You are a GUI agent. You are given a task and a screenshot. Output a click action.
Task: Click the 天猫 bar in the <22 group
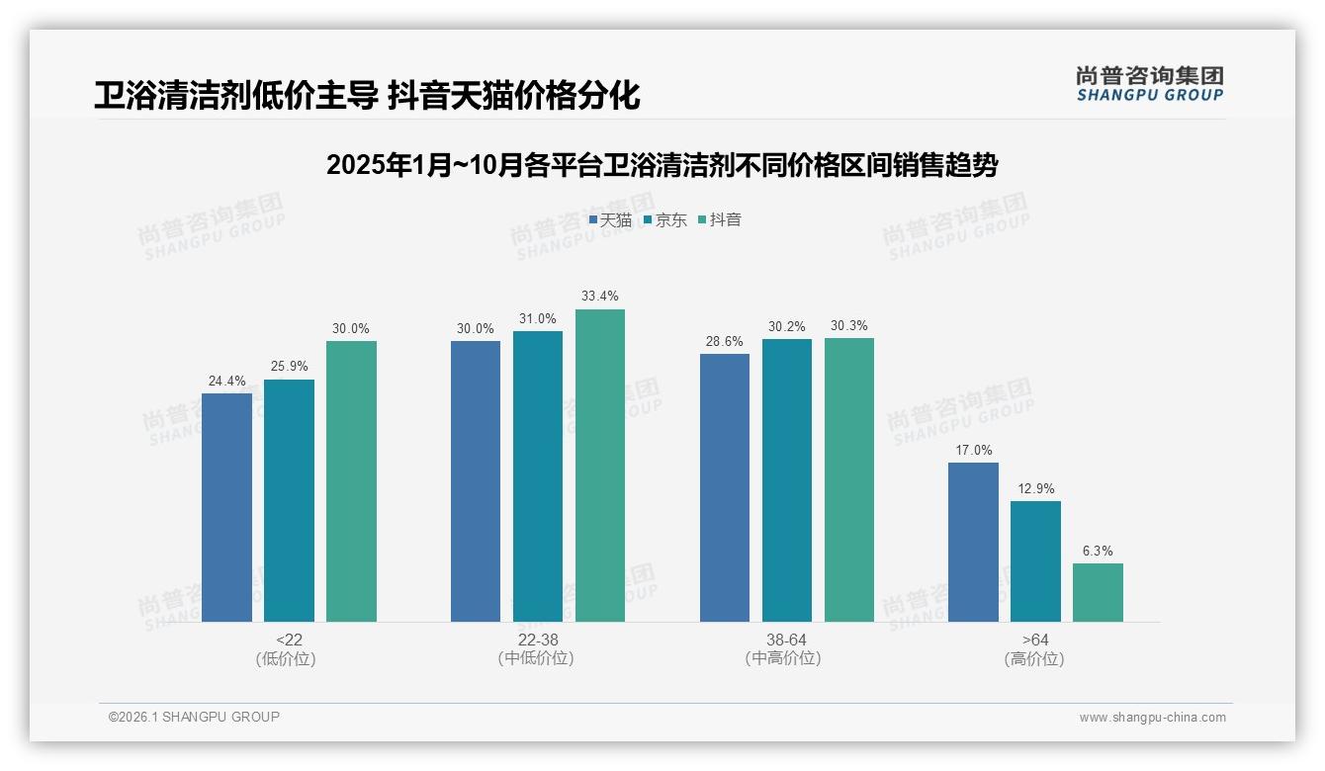226,507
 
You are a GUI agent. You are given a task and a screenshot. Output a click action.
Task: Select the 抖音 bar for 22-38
600,466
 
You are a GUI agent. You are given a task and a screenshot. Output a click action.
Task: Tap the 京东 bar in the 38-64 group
787,480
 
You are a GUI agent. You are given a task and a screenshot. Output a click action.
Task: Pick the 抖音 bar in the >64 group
1098,592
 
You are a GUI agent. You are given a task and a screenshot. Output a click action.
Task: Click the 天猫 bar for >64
973,542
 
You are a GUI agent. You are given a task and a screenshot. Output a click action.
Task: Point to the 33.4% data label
600,297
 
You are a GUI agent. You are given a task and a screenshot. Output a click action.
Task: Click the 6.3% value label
1098,551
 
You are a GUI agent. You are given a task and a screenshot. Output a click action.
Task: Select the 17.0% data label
973,450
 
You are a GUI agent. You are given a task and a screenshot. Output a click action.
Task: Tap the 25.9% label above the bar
289,367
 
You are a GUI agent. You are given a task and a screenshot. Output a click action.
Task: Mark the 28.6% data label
725,341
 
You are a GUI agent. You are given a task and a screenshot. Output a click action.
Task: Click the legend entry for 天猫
610,220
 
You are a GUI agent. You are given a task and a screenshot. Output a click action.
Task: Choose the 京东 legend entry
664,220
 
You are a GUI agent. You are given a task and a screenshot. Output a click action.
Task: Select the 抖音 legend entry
720,220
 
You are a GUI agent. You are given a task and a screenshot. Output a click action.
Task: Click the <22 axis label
289,641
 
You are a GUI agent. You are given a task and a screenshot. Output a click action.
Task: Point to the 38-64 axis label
786,641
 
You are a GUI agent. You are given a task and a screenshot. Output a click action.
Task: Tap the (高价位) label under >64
1035,659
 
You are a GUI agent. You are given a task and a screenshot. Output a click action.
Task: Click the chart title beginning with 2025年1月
662,165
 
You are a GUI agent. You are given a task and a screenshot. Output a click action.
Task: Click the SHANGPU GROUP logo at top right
1149,84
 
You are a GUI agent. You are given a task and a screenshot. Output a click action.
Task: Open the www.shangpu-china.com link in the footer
1152,718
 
